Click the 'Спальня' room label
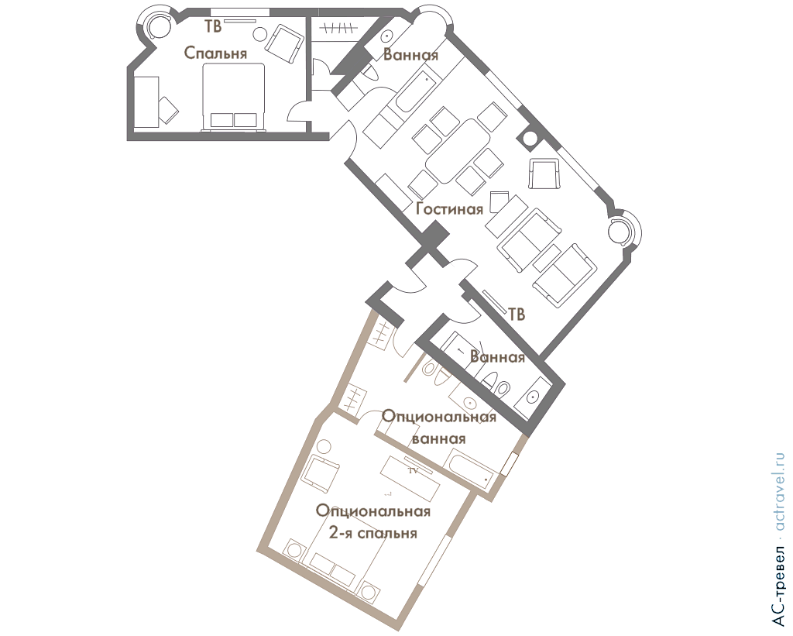pyautogui.click(x=215, y=53)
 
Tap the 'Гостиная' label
pyautogui.click(x=450, y=208)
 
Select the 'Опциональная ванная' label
pyautogui.click(x=438, y=428)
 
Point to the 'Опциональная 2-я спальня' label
pyautogui.click(x=373, y=521)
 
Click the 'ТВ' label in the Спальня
pyautogui.click(x=213, y=27)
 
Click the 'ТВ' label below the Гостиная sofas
pyautogui.click(x=517, y=315)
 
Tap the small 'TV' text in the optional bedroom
pyautogui.click(x=414, y=470)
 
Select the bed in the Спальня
pyautogui.click(x=234, y=97)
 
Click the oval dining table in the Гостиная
pyautogui.click(x=458, y=151)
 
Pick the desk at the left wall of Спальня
pyautogui.click(x=147, y=101)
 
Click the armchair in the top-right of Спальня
pyautogui.click(x=284, y=43)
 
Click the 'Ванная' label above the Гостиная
pyautogui.click(x=410, y=55)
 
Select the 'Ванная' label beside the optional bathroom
pyautogui.click(x=498, y=357)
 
